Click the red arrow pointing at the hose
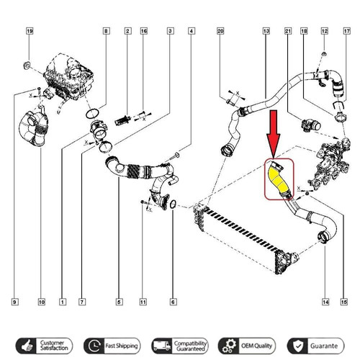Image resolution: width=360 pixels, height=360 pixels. coord(274,134)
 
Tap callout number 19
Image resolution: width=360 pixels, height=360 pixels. coord(30,31)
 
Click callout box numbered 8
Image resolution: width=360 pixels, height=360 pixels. coord(106,31)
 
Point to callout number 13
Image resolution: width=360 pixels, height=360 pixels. coord(266,31)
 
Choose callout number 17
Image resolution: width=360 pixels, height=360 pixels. coord(347,31)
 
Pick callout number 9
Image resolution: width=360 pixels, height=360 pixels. coord(15,302)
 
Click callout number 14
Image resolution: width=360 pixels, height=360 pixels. coord(325,302)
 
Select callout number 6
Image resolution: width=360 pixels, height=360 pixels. coord(173,302)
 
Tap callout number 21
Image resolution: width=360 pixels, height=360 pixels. coord(288,31)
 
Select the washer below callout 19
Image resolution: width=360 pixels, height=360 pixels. coord(27,65)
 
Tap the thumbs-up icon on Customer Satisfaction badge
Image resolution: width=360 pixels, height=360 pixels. coord(27,346)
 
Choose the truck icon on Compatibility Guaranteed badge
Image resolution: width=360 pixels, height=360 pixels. coord(161,346)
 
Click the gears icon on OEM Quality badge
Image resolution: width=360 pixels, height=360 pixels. coord(228,346)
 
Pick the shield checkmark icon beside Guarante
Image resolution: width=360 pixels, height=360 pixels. coord(298,346)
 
